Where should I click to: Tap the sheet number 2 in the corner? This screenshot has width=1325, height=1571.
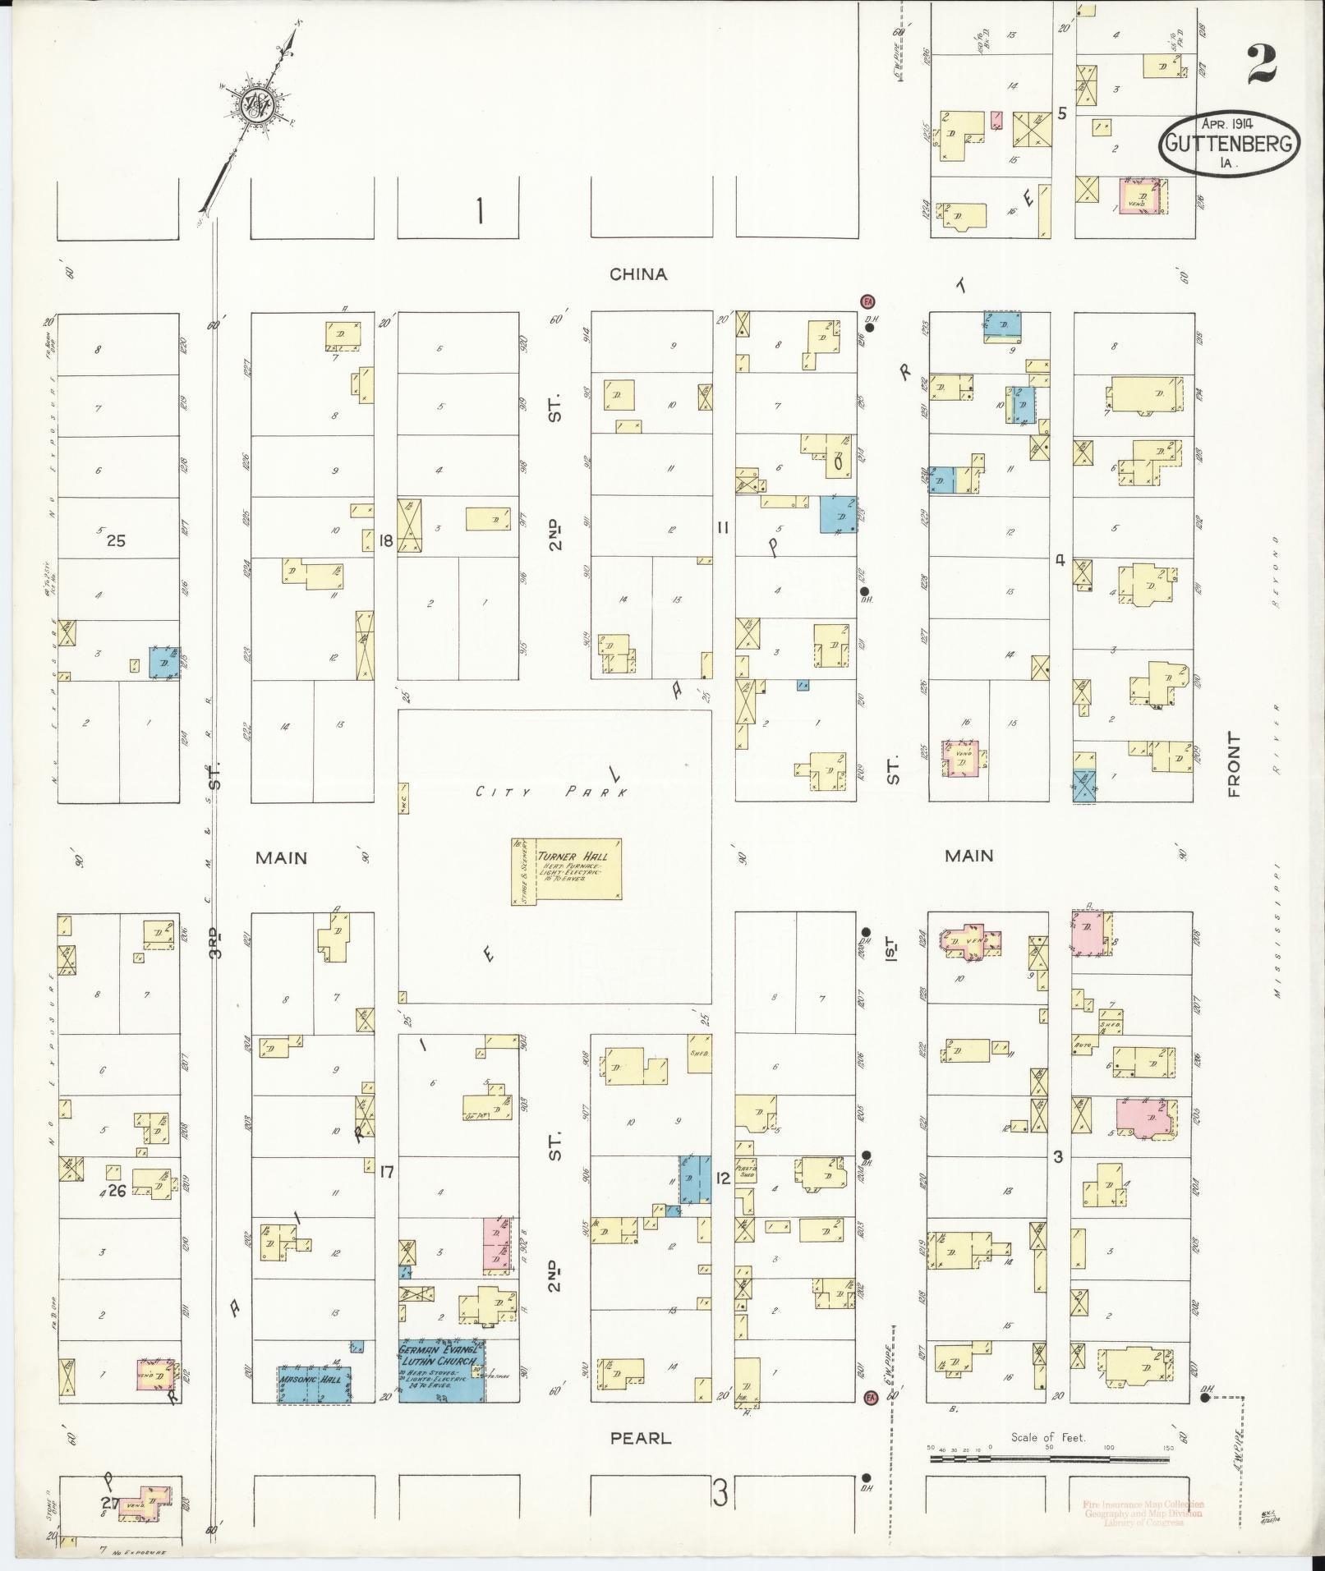tap(1263, 65)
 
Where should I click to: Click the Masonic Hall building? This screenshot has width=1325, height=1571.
tap(314, 1384)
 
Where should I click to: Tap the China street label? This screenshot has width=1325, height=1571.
tap(638, 274)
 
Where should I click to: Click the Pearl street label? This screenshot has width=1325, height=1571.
tap(641, 1438)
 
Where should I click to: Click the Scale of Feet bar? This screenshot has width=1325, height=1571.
tap(1049, 1460)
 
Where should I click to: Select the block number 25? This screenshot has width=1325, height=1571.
tap(117, 540)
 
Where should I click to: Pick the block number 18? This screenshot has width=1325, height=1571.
tap(386, 540)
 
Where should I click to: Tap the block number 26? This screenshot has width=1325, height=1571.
tap(117, 1191)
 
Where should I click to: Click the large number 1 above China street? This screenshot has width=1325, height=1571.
tap(479, 212)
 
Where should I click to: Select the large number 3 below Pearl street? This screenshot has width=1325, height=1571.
tap(720, 1494)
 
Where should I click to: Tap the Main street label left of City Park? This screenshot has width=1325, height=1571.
tap(281, 857)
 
